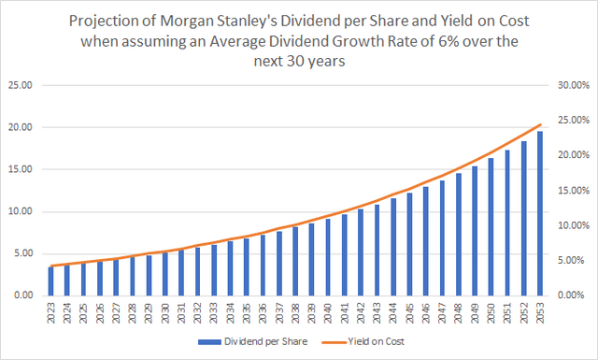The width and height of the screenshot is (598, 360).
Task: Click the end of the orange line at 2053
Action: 539,124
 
